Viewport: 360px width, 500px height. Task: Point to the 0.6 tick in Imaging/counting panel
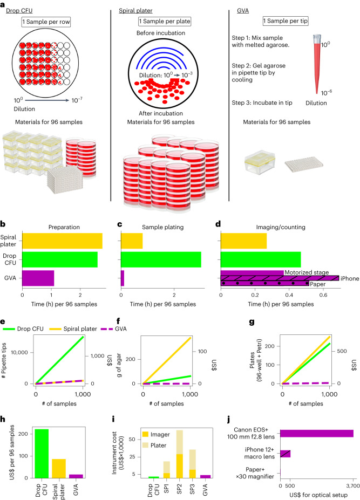[x=323, y=296]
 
